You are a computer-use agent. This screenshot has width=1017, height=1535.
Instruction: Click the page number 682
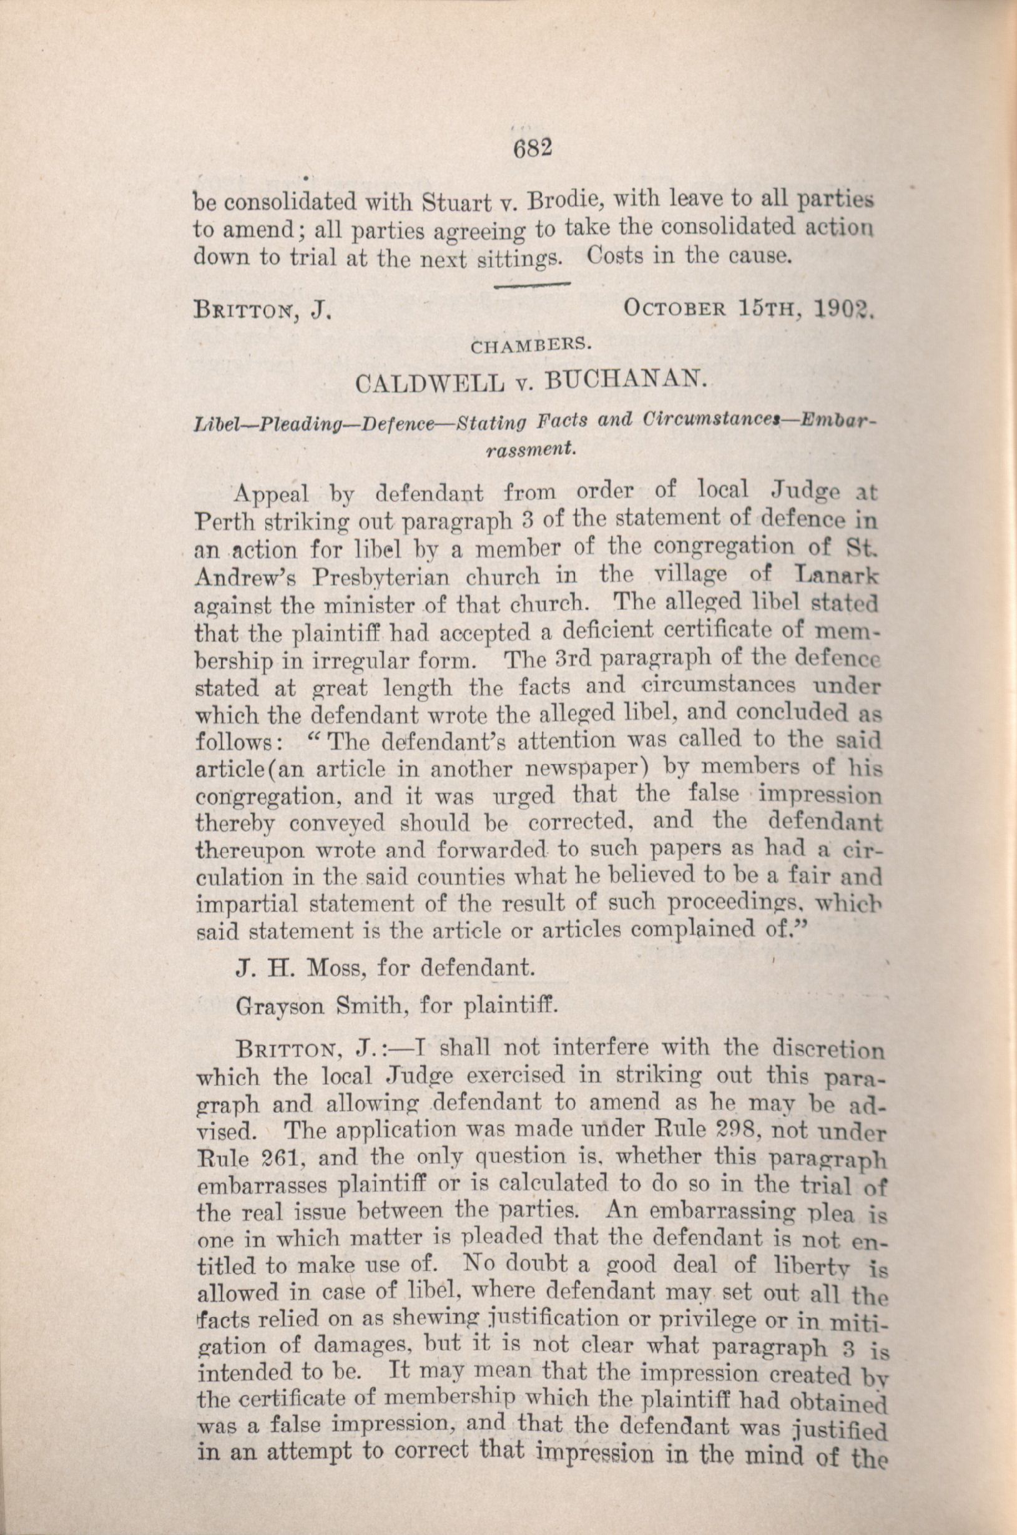(x=531, y=150)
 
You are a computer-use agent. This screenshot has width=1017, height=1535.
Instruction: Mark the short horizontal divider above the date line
(x=531, y=283)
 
